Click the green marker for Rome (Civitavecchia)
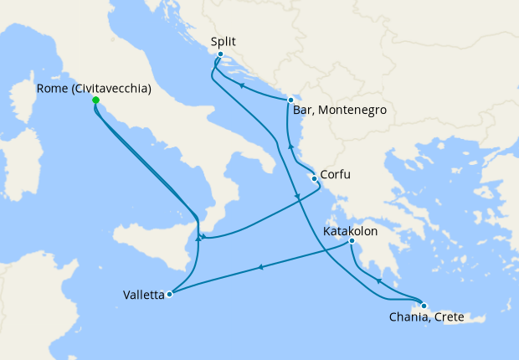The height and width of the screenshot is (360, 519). point(95,100)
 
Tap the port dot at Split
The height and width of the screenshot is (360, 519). point(220,55)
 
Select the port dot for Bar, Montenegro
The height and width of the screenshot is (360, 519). point(290,100)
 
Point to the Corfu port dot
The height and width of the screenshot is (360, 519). point(314,178)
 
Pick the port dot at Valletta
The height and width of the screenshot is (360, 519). point(169,294)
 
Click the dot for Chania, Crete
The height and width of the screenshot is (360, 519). point(424,306)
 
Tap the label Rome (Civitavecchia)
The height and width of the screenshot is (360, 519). point(95,87)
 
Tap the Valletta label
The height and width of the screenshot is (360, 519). point(143,294)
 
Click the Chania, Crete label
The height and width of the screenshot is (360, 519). point(426,318)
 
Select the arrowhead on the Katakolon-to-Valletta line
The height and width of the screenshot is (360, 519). point(261,268)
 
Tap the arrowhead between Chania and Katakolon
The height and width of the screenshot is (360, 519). point(379,282)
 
